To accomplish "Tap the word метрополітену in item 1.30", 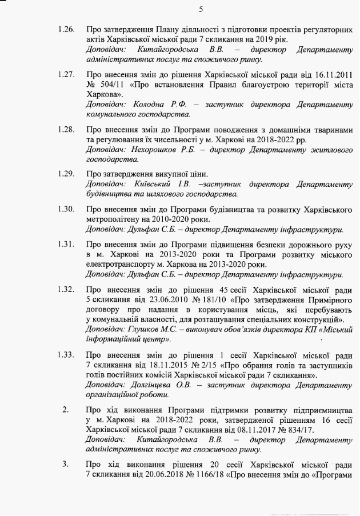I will click(x=111, y=219).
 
